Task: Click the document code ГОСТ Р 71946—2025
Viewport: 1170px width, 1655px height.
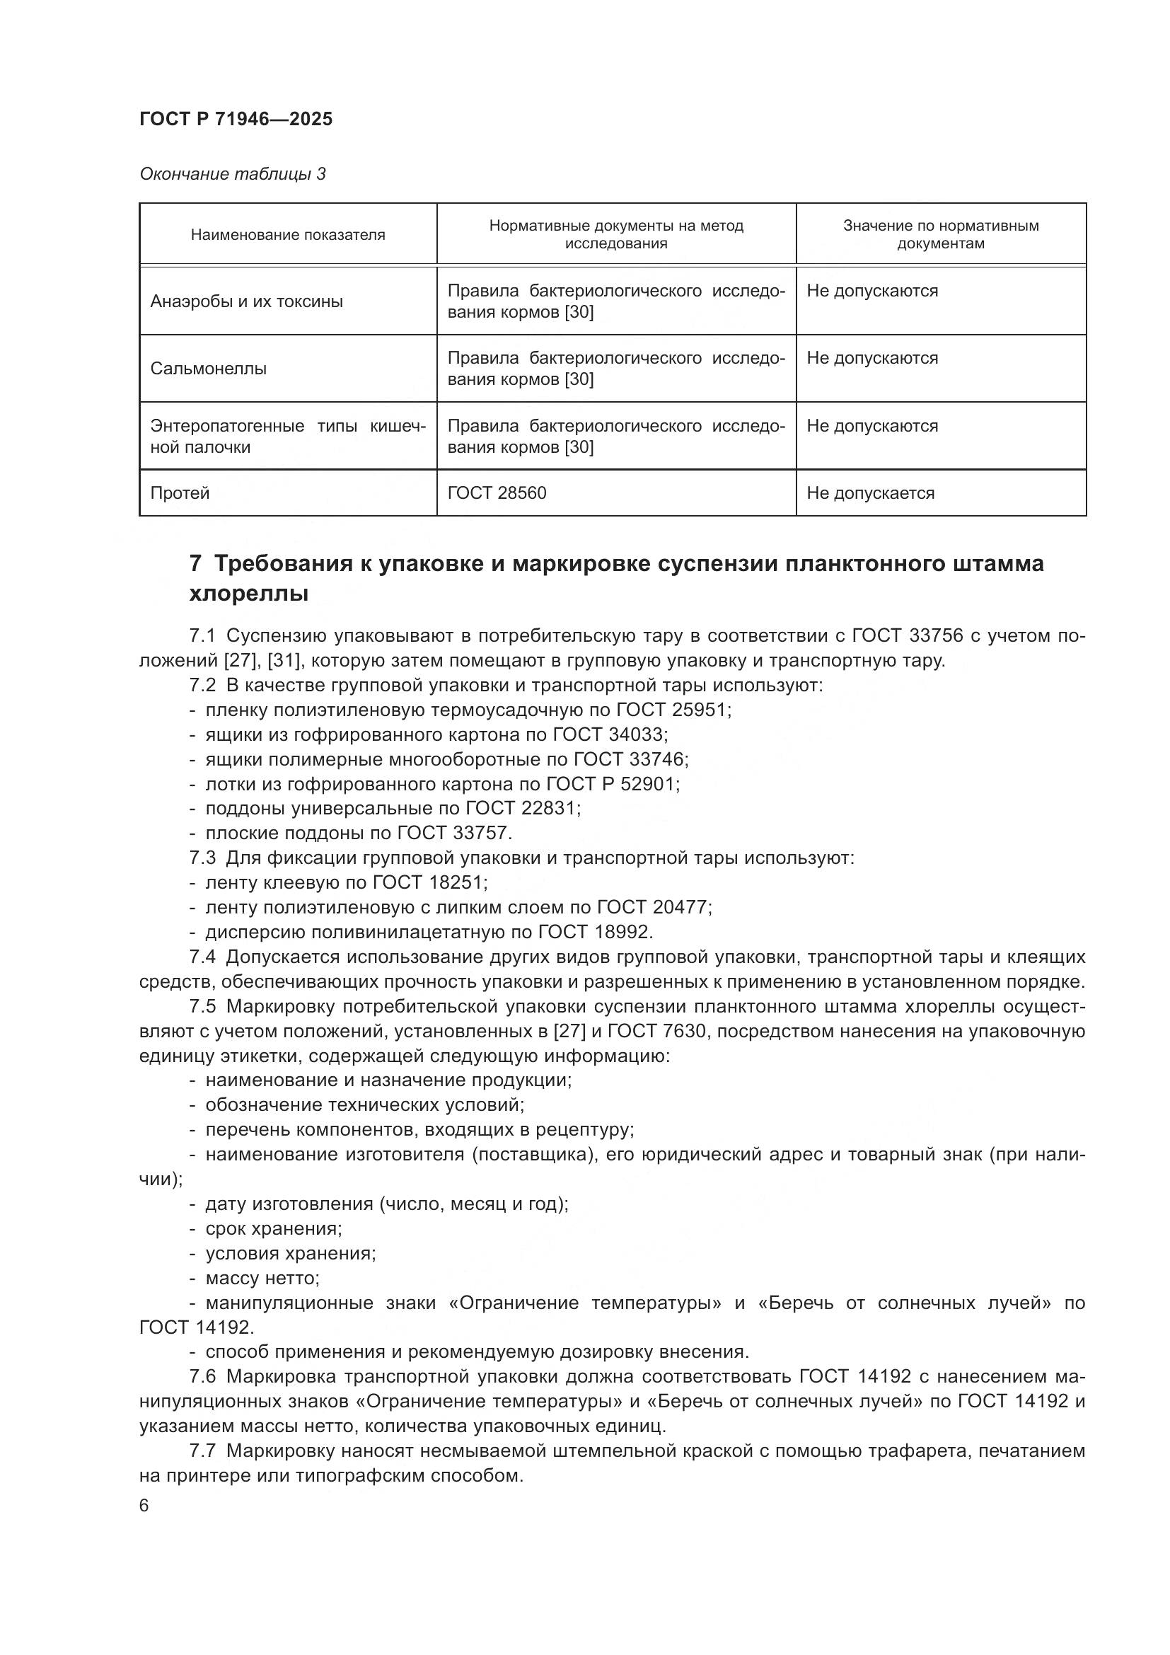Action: coord(236,120)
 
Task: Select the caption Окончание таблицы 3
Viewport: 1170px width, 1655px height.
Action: coord(232,175)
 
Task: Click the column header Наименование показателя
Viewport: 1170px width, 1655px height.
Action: coord(287,235)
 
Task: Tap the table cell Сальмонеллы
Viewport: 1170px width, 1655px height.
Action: coord(208,369)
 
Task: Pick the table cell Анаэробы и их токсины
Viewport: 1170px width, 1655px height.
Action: coord(246,301)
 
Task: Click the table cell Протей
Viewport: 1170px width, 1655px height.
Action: coord(180,493)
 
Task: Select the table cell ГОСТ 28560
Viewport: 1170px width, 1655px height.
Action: coord(497,493)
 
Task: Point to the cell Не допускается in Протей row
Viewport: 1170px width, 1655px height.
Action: coord(870,493)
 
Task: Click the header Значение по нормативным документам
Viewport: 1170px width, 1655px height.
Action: coord(940,234)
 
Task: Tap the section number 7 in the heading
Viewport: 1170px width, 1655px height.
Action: coord(195,563)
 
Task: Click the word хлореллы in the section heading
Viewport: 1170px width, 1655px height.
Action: coord(248,594)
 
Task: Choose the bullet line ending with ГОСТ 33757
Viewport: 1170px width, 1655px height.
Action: coord(358,834)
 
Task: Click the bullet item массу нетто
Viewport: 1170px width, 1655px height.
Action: coord(262,1278)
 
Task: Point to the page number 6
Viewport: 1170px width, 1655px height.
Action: coord(144,1506)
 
